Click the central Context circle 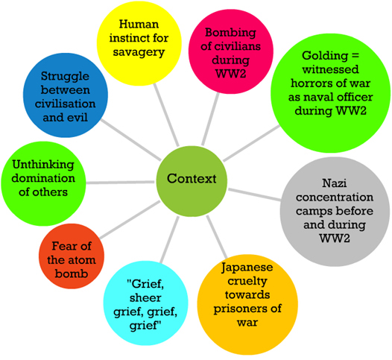coord(192,181)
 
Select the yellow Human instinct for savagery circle coord(139,43)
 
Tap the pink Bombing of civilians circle coord(231,51)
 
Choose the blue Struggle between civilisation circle coord(66,95)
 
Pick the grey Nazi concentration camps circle coord(335,212)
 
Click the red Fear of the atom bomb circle coord(72,256)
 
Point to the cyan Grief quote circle coord(146,303)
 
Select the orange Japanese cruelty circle coord(247,305)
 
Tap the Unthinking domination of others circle coord(43,184)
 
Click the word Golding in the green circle coord(325,55)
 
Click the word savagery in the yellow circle coord(139,53)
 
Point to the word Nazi coord(335,183)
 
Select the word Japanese coord(247,268)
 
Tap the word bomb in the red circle coord(72,274)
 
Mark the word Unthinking coord(43,165)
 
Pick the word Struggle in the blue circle coord(65,77)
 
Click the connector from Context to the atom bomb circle coord(130,220)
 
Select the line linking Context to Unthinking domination coord(121,183)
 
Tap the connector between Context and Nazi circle coord(254,195)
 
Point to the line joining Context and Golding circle coord(251,144)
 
